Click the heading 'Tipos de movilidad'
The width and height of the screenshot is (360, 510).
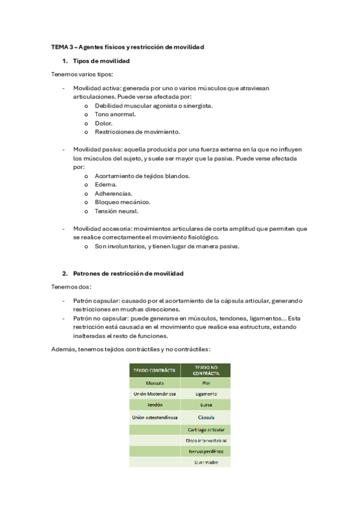pos(101,61)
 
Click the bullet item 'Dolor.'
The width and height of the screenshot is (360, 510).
pos(103,123)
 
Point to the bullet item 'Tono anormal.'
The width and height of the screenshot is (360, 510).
pos(115,114)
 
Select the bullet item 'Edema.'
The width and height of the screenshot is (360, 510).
pos(105,185)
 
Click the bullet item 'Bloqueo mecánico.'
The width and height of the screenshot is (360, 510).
pos(122,202)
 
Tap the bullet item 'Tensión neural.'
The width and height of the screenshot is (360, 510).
pos(116,211)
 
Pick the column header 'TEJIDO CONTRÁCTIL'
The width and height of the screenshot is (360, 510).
pos(154,370)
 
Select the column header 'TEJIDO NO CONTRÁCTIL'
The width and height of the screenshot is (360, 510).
pos(206,370)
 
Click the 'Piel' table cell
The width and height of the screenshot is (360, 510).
pos(206,382)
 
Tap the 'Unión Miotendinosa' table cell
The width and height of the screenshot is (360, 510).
pos(154,394)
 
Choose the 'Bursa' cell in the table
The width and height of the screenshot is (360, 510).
pos(206,405)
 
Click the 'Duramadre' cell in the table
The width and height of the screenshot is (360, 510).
pos(206,462)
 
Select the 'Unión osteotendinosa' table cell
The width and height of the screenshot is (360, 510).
pos(154,417)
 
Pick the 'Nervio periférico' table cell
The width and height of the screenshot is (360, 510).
pos(206,450)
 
